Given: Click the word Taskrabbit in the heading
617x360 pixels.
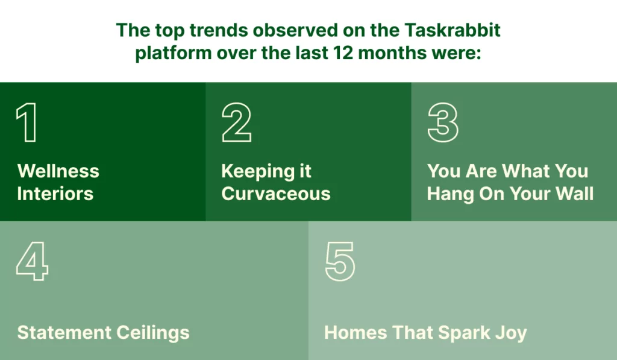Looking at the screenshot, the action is (452, 30).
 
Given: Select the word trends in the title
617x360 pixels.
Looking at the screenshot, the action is (218, 30).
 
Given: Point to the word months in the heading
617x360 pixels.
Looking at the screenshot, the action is (392, 53).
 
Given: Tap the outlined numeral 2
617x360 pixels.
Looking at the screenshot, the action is (236, 122).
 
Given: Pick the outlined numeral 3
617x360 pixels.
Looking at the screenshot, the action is (443, 122).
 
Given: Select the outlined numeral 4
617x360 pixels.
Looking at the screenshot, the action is (33, 261).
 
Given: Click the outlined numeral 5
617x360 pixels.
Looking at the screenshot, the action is (340, 261).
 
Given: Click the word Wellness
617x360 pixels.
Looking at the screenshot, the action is (58, 171).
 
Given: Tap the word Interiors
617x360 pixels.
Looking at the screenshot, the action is (55, 194).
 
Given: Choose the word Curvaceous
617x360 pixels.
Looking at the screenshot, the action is (276, 194).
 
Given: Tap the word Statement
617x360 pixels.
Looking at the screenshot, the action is (64, 332).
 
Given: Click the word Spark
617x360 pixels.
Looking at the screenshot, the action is (464, 333).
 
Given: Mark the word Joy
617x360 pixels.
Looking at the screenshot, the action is (511, 333).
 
